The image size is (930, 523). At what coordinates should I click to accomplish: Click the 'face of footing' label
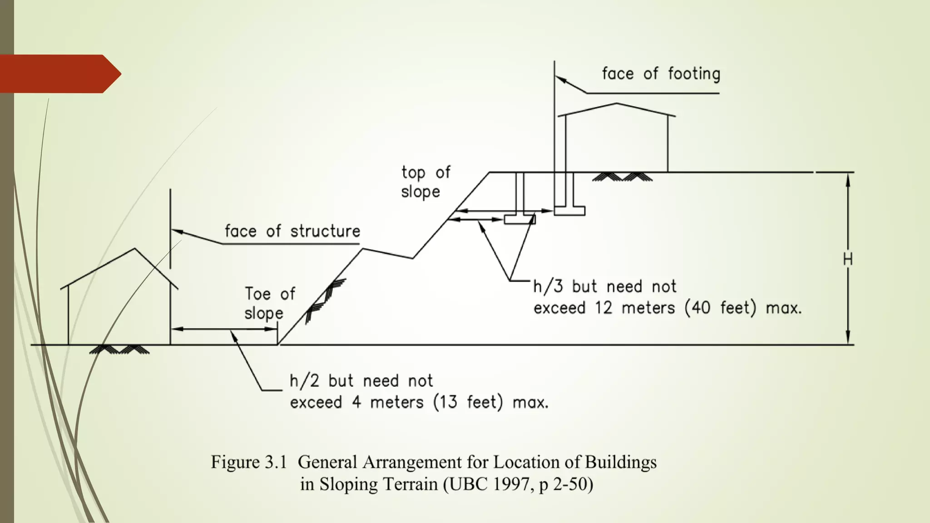tap(661, 74)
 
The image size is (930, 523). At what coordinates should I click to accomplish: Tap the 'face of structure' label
tap(292, 231)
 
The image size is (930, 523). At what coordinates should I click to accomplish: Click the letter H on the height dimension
tap(847, 259)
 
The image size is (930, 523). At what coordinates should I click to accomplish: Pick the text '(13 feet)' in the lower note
tap(468, 403)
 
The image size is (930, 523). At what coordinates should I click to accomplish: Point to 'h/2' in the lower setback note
tap(305, 381)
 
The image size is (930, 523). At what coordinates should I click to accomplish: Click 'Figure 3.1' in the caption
tap(249, 462)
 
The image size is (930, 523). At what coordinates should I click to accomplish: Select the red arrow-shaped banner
tap(59, 74)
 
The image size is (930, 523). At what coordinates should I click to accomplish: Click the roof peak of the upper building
tap(616, 104)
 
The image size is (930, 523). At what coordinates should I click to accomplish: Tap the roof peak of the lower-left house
tap(134, 249)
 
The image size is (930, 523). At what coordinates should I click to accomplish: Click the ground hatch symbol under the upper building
tap(622, 177)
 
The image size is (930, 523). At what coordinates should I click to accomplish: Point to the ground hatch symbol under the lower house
tap(119, 349)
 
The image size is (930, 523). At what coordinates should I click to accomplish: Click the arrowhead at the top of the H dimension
tap(847, 179)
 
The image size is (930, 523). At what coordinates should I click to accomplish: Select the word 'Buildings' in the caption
tap(620, 462)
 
